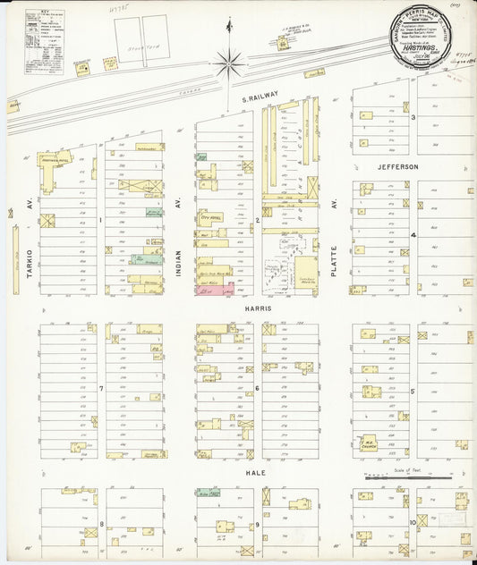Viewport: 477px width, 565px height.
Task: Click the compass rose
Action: (230, 62)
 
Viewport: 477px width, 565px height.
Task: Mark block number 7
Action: (101, 389)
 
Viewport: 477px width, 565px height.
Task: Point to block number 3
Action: (413, 117)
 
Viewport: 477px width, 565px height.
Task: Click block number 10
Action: (413, 522)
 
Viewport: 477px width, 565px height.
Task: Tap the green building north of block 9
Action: (209, 493)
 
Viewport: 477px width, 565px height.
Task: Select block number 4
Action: (413, 235)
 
